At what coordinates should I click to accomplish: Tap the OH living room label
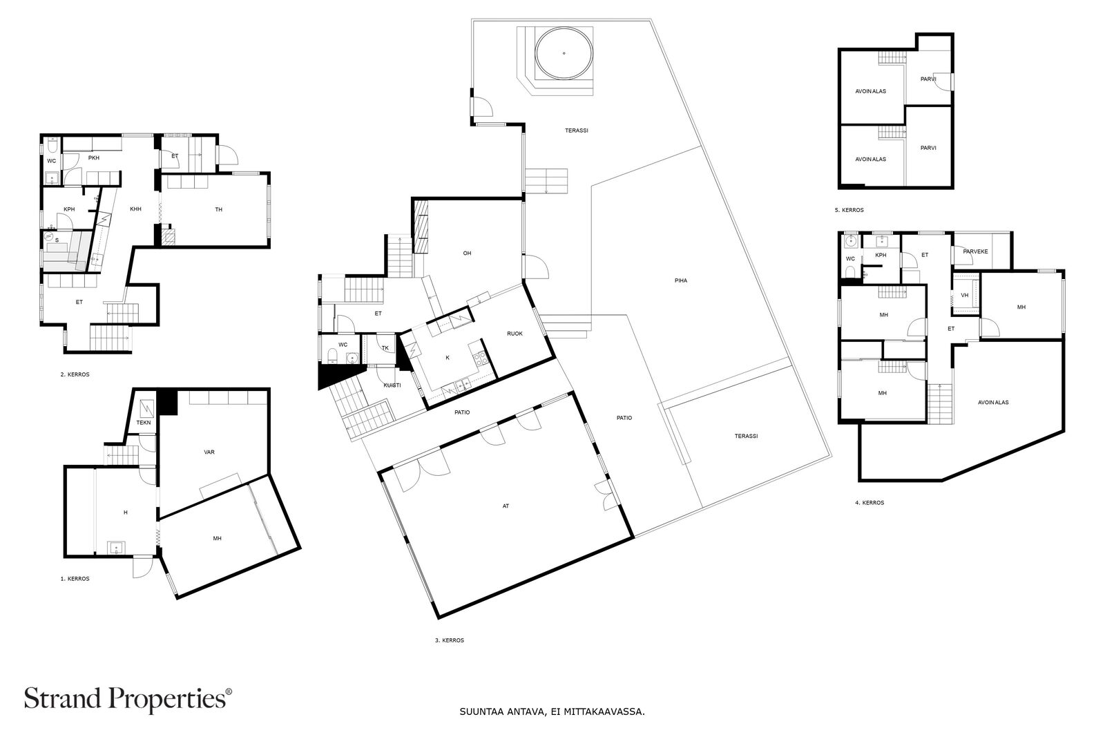click(x=467, y=253)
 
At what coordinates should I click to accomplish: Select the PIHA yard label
click(x=681, y=280)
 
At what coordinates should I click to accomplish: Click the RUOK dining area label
click(x=515, y=334)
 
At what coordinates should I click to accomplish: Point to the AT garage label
click(x=506, y=506)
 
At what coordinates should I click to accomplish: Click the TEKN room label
click(x=144, y=422)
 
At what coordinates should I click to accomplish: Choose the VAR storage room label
click(x=209, y=452)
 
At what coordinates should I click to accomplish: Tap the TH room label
click(x=218, y=209)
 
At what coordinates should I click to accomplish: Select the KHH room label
click(x=135, y=209)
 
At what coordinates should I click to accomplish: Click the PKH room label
click(x=94, y=158)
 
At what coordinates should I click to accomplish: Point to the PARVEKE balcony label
click(x=975, y=251)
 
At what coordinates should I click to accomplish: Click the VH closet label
click(x=964, y=295)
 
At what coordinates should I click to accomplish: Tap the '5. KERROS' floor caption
click(x=849, y=210)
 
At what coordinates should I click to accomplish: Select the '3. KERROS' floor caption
click(x=450, y=640)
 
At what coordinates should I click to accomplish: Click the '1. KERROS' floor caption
click(x=75, y=579)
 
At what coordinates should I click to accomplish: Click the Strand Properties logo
click(x=128, y=699)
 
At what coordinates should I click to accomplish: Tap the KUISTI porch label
click(x=392, y=385)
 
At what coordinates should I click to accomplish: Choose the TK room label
click(x=385, y=348)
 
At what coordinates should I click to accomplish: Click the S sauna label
click(x=57, y=240)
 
